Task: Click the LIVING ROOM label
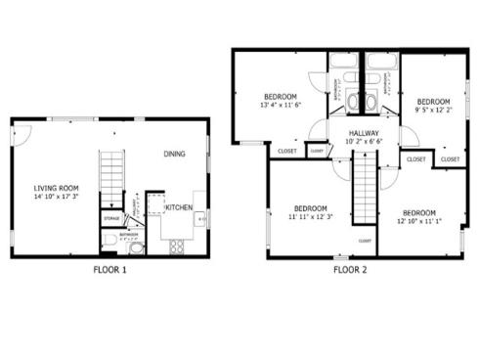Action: (56, 188)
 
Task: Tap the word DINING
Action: (175, 154)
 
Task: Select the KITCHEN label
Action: (178, 207)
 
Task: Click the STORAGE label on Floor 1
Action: (111, 218)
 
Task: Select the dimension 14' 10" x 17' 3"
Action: (56, 198)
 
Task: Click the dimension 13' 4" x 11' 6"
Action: (280, 105)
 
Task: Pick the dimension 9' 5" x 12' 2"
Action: (433, 111)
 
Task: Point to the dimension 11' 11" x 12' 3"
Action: (311, 217)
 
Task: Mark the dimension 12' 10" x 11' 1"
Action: (419, 221)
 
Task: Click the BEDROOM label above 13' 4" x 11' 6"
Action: (280, 96)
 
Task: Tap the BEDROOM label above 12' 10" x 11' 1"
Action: (419, 212)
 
